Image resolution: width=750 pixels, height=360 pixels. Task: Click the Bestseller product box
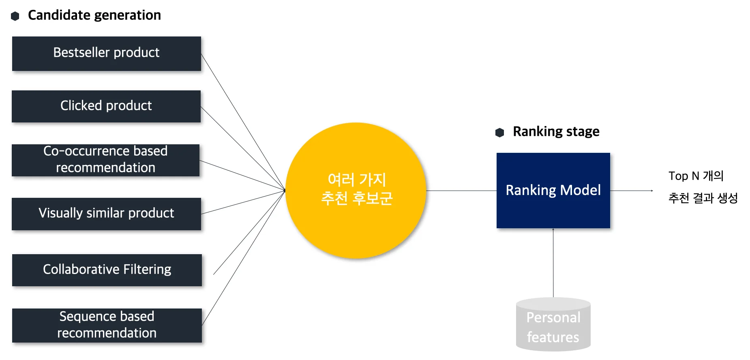point(107,54)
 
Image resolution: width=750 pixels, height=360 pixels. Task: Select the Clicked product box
point(106,106)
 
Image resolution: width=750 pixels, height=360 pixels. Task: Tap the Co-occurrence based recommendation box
point(105,160)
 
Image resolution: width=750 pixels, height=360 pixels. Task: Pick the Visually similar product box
point(106,214)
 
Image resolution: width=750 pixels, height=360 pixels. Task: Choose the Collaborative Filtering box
point(107,270)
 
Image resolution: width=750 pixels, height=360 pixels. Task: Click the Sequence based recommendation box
point(107,325)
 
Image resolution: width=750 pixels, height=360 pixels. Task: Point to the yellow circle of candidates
point(356,191)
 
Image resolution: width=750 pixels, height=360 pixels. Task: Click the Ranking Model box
point(553,191)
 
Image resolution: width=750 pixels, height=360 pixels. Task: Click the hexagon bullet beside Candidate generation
point(15,16)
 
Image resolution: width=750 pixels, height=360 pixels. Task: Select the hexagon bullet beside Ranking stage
point(499,133)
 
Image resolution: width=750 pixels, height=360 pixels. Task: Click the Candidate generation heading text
point(94,15)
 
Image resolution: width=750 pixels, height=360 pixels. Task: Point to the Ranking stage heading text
point(556,132)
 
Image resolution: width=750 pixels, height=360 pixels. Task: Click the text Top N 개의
point(696,176)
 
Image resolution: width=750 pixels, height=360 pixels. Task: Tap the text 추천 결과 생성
point(703,198)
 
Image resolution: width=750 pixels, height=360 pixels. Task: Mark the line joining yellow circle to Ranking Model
point(461,191)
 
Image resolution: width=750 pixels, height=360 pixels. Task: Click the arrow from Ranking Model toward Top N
point(631,191)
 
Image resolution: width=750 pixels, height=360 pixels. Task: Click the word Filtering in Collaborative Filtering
point(147,270)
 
